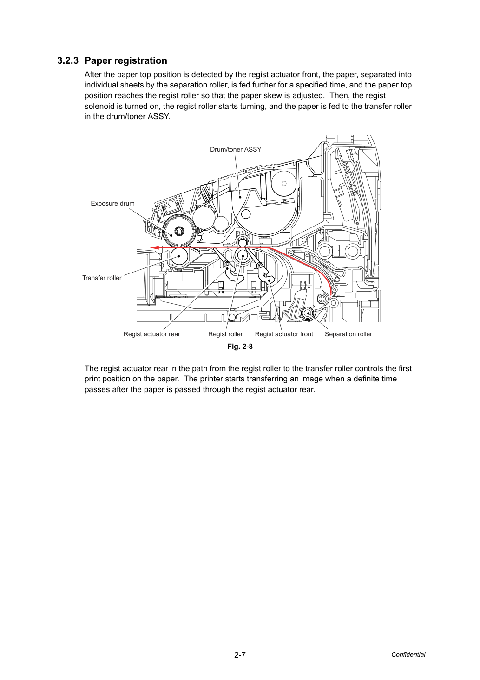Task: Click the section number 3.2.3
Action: point(68,61)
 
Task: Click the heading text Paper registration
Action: point(126,61)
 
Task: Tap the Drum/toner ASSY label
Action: point(236,149)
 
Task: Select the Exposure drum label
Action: point(112,203)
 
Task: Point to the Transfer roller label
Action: point(102,278)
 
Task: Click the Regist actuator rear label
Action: point(151,334)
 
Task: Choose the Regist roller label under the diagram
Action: point(225,334)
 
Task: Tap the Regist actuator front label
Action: point(284,334)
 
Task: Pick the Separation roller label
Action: point(348,334)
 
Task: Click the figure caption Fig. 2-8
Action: point(240,347)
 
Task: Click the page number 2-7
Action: point(240,655)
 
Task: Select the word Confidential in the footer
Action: point(408,655)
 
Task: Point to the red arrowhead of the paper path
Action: point(155,247)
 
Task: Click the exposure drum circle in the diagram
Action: point(179,231)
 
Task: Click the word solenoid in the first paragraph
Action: point(99,106)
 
